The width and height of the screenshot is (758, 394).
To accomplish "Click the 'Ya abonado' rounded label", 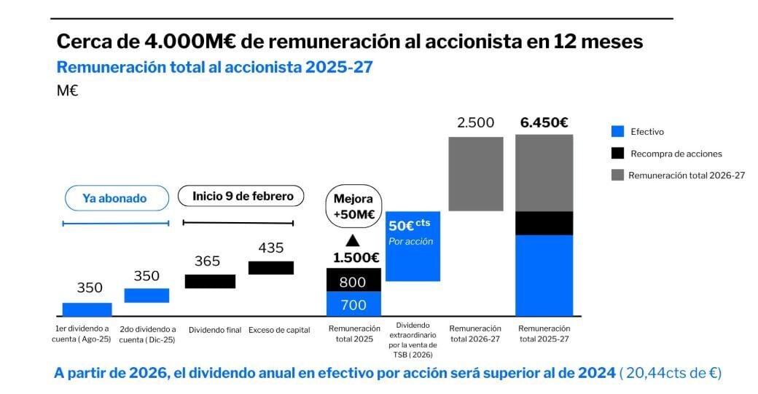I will pos(114,198).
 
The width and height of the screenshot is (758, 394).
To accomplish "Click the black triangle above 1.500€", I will pos(353,240).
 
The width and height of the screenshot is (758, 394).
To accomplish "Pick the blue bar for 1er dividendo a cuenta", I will pos(87,310).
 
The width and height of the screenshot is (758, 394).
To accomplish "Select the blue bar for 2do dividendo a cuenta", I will pos(146,295).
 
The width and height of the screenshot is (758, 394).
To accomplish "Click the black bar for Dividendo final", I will pos(210,281).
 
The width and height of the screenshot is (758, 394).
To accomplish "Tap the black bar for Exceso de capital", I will pos(271,267).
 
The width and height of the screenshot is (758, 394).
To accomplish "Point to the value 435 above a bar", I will pos(271,248).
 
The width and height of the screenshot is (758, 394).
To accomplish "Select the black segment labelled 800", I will pos(353,280).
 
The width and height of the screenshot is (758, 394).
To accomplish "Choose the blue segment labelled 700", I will pos(353,304).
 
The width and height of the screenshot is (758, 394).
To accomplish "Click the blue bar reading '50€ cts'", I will pos(413,245).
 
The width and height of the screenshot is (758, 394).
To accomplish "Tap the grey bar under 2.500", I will pos(475,173).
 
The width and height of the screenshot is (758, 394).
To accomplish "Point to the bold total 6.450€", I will pos(544,122).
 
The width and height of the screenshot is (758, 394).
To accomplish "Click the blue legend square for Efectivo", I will pos(618,132).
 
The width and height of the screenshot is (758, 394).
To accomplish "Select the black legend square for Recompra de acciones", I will pos(618,154).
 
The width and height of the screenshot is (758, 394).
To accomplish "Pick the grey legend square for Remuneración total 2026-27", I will pos(618,176).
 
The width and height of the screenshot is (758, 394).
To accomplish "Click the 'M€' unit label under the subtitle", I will pos(67,91).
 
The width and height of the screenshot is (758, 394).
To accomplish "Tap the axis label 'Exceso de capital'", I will pos(279,330).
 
